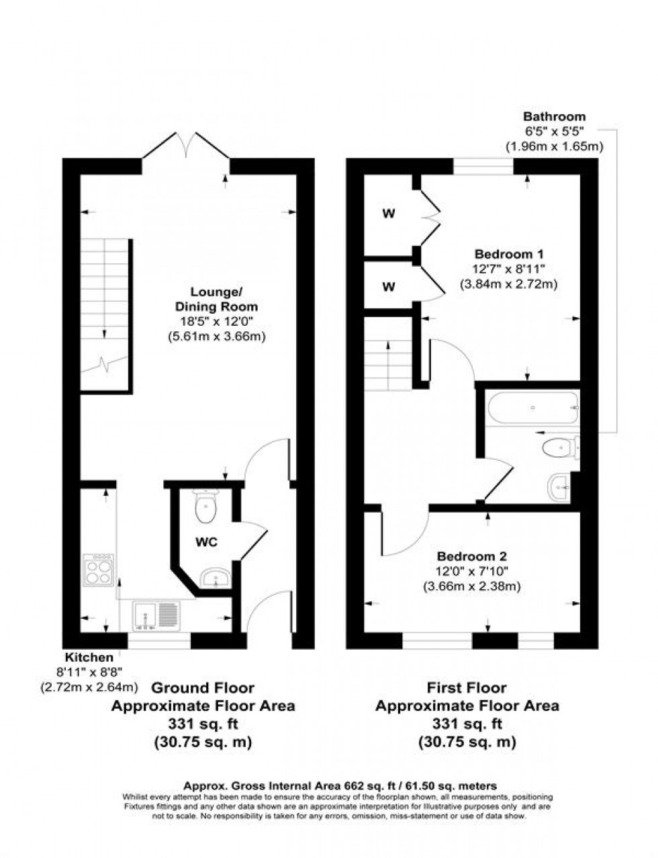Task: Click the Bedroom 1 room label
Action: pos(508,255)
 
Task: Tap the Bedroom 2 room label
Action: pos(471,557)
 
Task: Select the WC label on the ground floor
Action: pos(207,542)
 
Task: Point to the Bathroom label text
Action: pos(555,117)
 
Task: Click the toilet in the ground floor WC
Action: pos(205,506)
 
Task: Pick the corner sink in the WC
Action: pos(216,577)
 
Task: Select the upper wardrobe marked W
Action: pos(388,214)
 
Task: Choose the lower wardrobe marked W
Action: pos(388,286)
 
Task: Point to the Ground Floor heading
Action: pos(202,688)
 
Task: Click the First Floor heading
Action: pos(467,688)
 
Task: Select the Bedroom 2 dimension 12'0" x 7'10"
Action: pos(471,571)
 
